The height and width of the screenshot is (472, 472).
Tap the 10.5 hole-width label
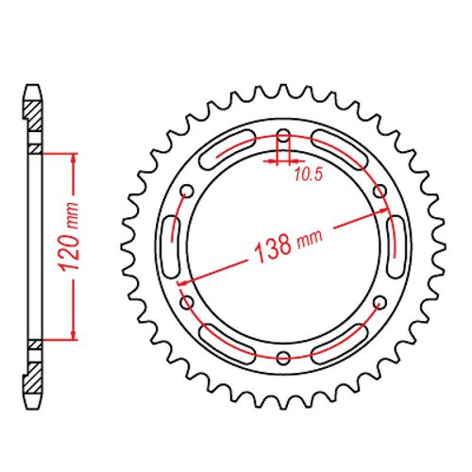[304, 173]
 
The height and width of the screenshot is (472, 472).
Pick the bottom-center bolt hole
[284, 357]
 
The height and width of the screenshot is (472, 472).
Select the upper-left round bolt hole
[187, 190]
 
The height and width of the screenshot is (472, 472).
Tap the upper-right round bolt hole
[380, 190]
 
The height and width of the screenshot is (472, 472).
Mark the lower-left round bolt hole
[187, 302]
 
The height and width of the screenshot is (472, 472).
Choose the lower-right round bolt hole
[380, 302]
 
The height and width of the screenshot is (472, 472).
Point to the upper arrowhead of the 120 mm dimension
[70, 155]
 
